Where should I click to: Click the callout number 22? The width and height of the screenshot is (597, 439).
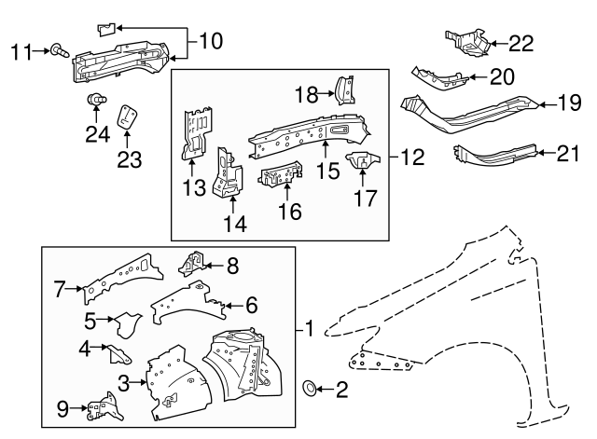pyautogui.click(x=521, y=42)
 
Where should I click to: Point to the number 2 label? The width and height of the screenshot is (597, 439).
pyautogui.click(x=340, y=391)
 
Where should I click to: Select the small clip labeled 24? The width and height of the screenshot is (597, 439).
pyautogui.click(x=93, y=100)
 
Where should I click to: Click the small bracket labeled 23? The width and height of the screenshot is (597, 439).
pyautogui.click(x=129, y=118)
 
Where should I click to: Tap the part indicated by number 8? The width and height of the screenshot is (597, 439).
pyautogui.click(x=192, y=266)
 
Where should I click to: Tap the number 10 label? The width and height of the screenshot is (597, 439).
pyautogui.click(x=212, y=41)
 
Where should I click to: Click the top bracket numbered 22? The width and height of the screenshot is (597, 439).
pyautogui.click(x=467, y=43)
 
